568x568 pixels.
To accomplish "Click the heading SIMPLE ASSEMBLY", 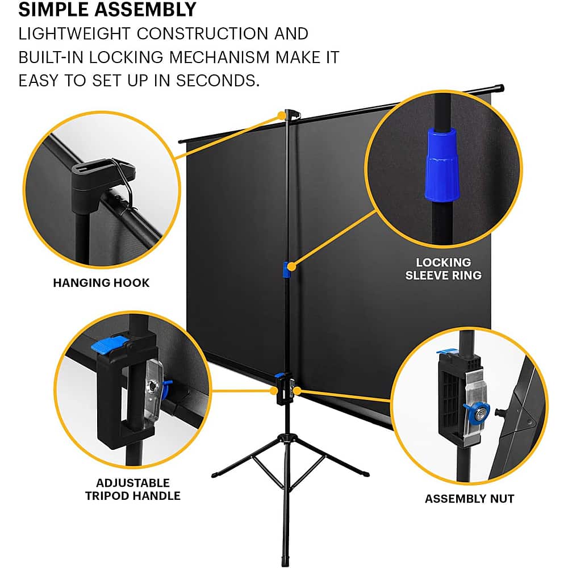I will [x=107, y=10].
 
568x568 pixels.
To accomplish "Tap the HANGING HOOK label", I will [x=101, y=283].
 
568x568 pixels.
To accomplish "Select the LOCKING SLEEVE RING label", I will [x=443, y=269].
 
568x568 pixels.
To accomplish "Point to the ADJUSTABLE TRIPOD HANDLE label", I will [x=132, y=489].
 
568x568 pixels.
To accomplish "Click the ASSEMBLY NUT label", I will [x=469, y=499].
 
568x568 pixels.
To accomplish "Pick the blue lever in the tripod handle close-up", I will [x=111, y=344].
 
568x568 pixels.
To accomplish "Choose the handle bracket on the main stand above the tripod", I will [x=283, y=390].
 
